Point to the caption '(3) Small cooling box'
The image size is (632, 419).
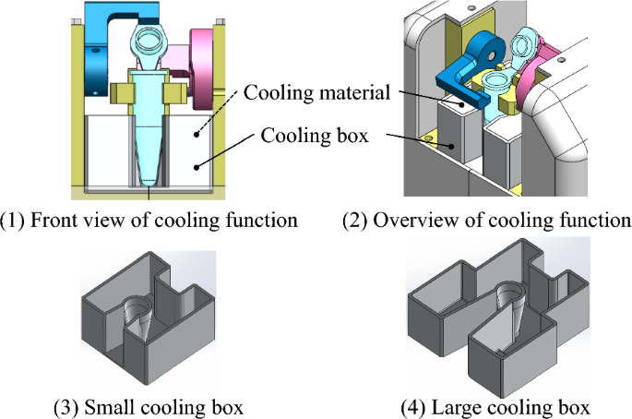click(x=149, y=407)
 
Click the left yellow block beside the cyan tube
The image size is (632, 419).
click(x=120, y=92)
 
